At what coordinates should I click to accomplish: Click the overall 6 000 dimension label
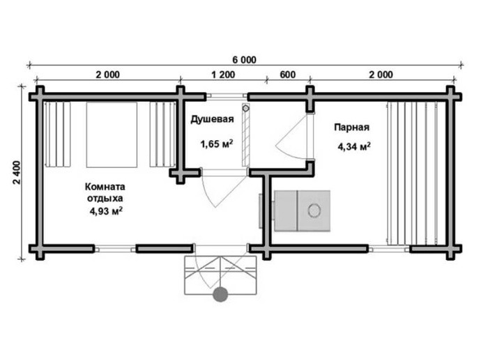click(x=244, y=60)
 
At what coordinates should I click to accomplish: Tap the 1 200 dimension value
click(x=223, y=75)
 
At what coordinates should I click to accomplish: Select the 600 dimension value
click(x=288, y=75)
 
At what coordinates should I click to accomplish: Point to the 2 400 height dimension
click(x=17, y=172)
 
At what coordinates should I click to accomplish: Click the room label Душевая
click(x=213, y=119)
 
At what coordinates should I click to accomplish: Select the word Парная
click(x=352, y=127)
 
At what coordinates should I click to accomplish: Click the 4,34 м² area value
click(x=354, y=146)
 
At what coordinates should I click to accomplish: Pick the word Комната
click(x=105, y=187)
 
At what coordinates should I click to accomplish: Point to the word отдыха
click(x=105, y=199)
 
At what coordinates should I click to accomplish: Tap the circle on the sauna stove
click(x=314, y=210)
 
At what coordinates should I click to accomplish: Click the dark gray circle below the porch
click(x=220, y=294)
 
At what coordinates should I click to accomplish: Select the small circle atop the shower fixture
click(x=245, y=108)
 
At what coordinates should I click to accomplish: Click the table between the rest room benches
click(x=112, y=135)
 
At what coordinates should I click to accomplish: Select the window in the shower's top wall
click(x=227, y=96)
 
